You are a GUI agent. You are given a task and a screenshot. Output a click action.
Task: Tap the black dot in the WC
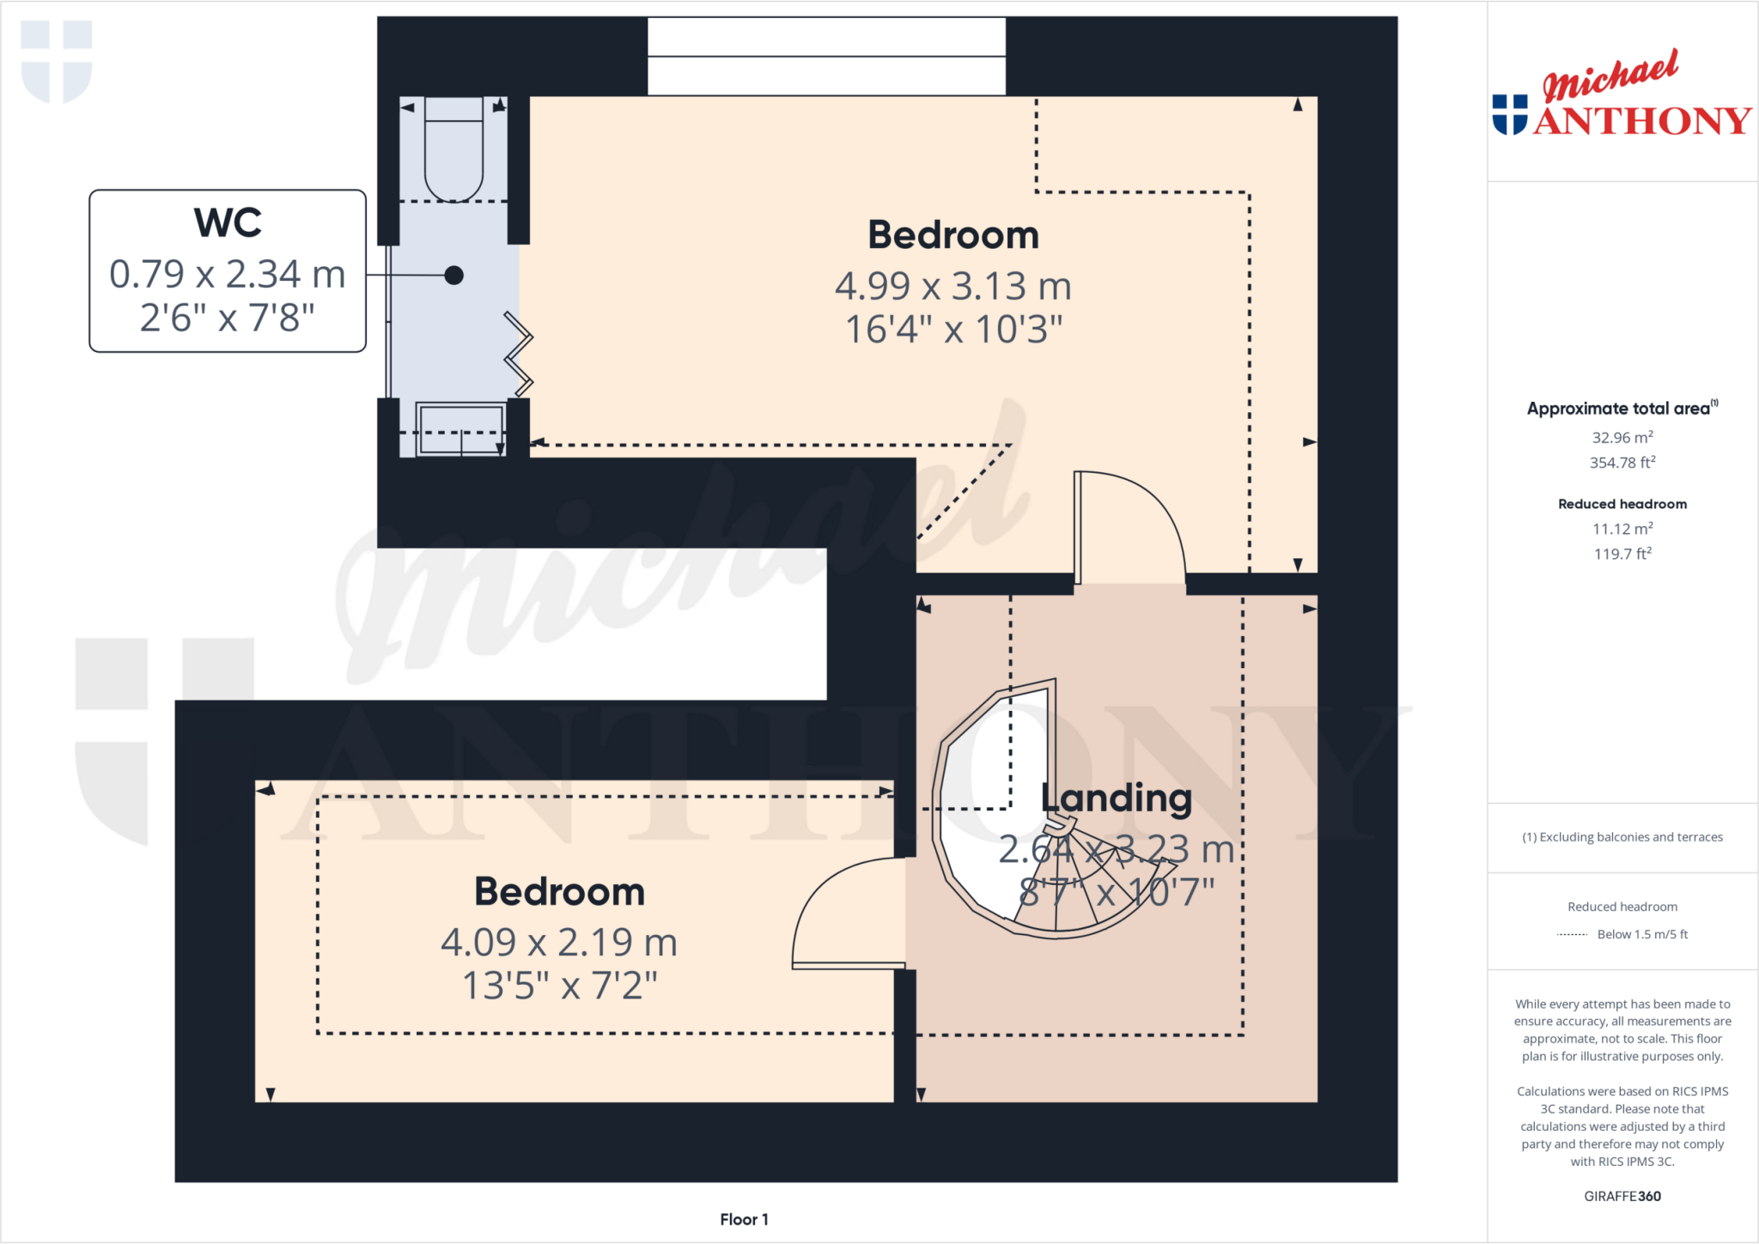454,275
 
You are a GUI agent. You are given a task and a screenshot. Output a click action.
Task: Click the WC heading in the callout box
228,223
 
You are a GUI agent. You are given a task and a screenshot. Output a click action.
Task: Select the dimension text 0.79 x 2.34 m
228,275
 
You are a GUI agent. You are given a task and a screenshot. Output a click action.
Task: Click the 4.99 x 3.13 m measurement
953,287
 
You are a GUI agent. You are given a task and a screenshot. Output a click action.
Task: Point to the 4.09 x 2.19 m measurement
559,943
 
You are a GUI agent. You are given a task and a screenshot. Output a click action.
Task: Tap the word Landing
1117,798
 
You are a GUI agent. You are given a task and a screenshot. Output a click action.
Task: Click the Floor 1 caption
744,1219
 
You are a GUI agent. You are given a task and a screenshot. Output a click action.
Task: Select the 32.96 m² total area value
1622,437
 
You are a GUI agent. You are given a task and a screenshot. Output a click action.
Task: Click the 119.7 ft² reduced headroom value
1622,554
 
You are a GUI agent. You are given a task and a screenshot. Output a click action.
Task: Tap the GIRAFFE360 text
1622,1196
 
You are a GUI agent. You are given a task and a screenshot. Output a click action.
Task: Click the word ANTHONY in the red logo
1642,121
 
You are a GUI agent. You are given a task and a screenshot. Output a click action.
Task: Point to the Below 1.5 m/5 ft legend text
1642,934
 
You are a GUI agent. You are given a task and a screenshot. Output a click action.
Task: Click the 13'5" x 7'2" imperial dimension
559,986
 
